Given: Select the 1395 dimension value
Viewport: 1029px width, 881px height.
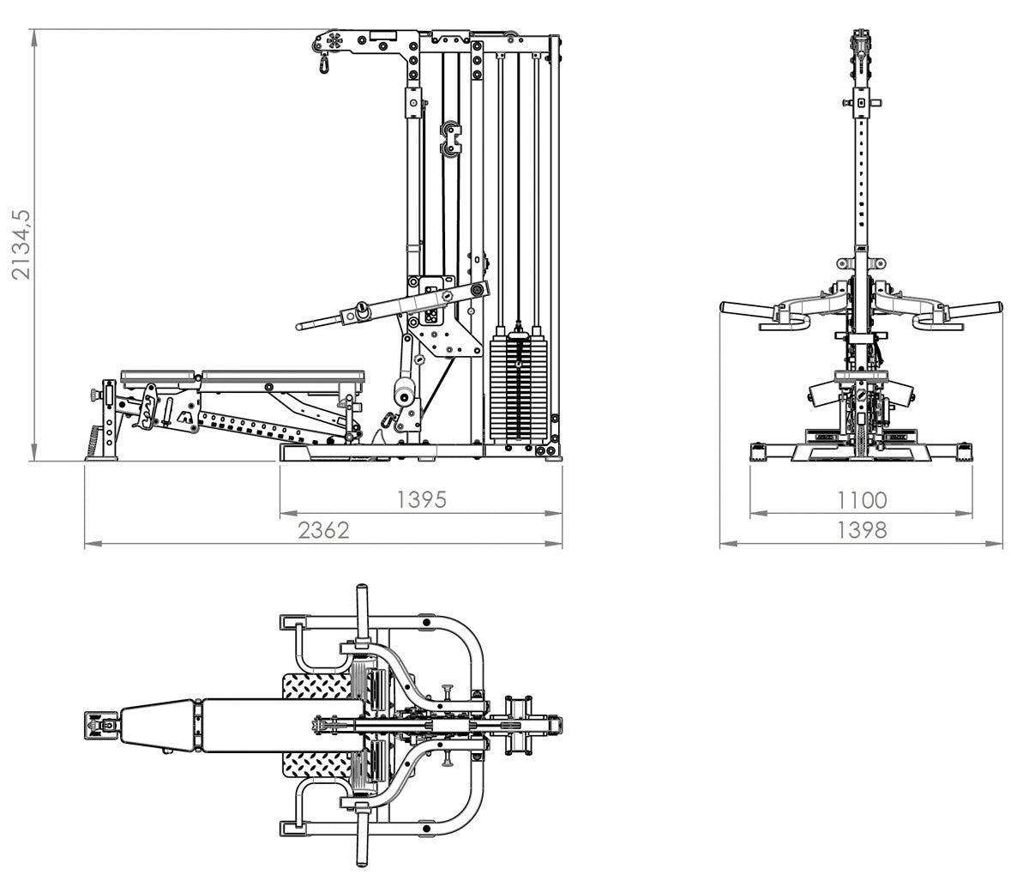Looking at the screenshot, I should point(422,500).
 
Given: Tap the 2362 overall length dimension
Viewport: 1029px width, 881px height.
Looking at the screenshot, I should point(324,530).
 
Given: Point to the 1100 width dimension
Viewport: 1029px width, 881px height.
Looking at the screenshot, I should point(861,500).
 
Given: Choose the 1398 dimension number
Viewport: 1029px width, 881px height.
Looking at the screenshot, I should point(861,530).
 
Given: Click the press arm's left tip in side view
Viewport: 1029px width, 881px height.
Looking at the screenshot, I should point(302,326).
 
